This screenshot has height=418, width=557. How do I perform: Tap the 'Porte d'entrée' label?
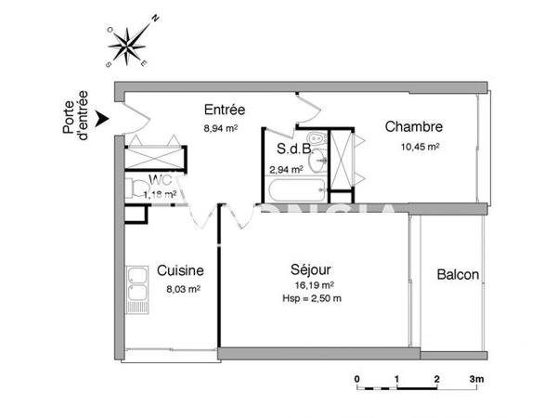pos(75,115)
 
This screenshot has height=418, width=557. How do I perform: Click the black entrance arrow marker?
pos(103,117)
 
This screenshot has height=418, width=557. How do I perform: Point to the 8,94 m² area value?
pos(221,129)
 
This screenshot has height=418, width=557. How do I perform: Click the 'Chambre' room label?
pos(413,127)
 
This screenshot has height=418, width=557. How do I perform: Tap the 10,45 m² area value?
pos(420,146)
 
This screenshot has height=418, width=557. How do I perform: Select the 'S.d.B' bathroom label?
pos(293,149)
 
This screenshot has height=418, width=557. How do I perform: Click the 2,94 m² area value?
pos(286,169)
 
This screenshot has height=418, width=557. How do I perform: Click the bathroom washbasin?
pos(318,158)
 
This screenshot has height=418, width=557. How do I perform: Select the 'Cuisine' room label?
pos(180,270)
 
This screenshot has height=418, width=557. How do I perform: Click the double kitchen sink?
pos(138,287)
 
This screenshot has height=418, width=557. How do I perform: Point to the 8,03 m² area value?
pos(183,289)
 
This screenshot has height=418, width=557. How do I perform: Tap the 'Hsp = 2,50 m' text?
pos(311,298)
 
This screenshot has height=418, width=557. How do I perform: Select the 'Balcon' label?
pos(458,275)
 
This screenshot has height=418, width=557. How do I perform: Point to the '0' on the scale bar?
pos(357,379)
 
